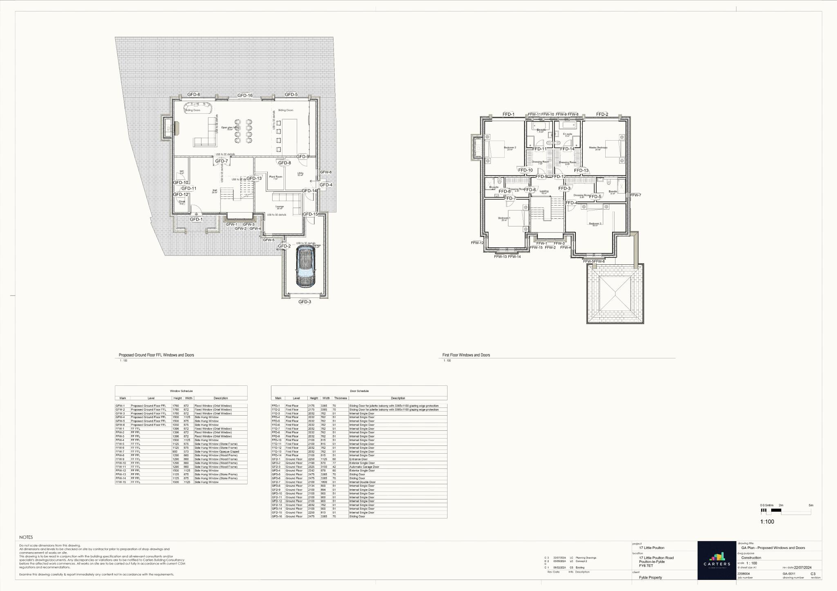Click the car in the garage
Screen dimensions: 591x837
[304, 268]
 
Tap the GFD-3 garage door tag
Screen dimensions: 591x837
[304, 302]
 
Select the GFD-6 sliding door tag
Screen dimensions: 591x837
[194, 94]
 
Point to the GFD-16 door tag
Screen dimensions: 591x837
[245, 96]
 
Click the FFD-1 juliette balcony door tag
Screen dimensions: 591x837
[508, 114]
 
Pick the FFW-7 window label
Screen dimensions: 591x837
[636, 195]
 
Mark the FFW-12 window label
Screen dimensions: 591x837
[477, 243]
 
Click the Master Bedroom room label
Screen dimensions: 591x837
[598, 148]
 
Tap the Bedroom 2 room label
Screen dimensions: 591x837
[510, 148]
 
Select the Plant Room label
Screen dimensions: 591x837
[275, 177]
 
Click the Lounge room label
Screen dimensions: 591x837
[280, 207]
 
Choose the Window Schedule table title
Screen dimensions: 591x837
[181, 391]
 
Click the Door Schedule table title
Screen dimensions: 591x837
[359, 391]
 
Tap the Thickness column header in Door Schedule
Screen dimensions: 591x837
[340, 398]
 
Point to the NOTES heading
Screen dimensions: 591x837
[26, 537]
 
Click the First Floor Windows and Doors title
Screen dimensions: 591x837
[466, 355]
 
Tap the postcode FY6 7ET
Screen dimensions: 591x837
[646, 566]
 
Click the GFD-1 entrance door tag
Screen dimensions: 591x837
[196, 219]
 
